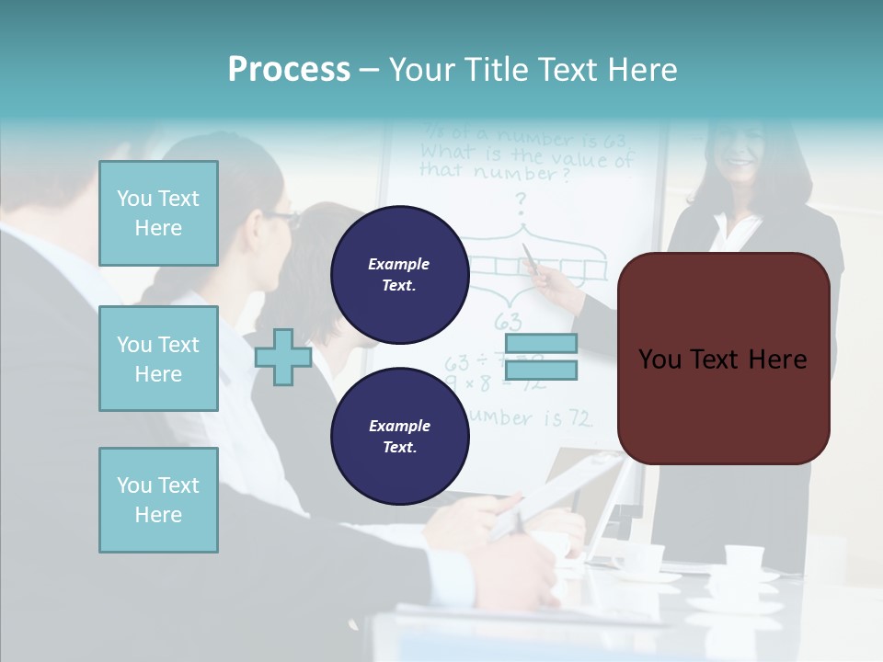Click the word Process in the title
(x=289, y=69)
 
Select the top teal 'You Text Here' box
(x=158, y=213)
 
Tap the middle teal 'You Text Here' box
(x=158, y=359)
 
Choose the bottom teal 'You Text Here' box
(x=158, y=499)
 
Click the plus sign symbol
(x=283, y=357)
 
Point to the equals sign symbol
(x=541, y=357)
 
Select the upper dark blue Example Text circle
(x=399, y=274)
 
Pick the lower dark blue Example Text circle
(x=399, y=436)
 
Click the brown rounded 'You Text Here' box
(x=723, y=359)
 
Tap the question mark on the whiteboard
(x=521, y=200)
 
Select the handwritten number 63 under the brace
(x=508, y=322)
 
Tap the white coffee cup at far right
(x=743, y=557)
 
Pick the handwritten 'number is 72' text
(x=529, y=418)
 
